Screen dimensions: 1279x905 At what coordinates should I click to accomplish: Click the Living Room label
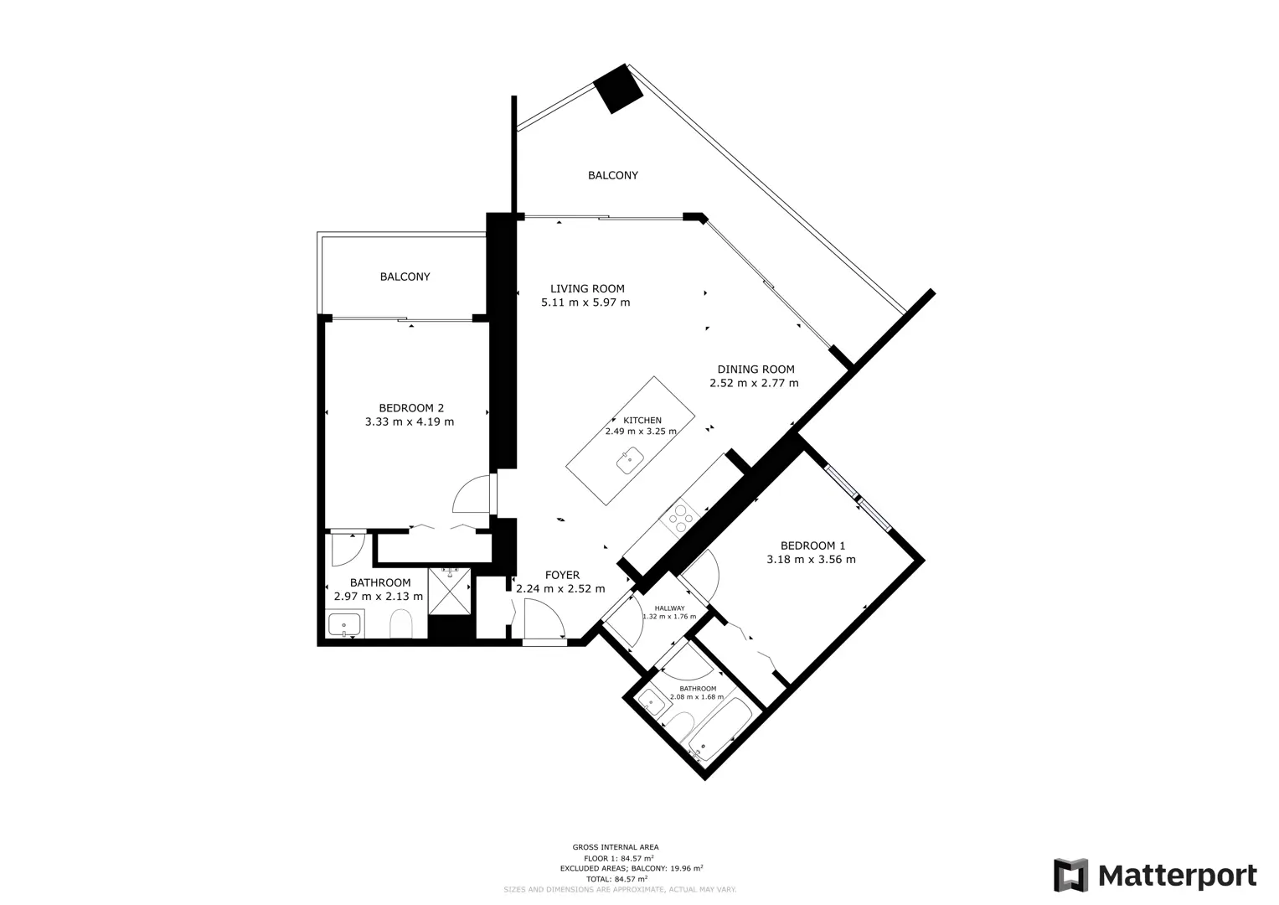point(587,288)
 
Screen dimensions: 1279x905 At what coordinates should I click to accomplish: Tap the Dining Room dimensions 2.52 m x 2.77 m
point(754,383)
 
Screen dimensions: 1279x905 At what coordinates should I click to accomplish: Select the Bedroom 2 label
point(411,408)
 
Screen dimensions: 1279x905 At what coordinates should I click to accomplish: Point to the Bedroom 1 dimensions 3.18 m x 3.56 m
point(811,560)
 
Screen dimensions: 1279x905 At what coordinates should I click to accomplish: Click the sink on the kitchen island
point(630,460)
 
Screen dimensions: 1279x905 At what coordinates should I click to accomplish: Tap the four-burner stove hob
point(679,517)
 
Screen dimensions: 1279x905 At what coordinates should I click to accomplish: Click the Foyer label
point(562,575)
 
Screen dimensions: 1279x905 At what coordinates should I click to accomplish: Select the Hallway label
point(669,608)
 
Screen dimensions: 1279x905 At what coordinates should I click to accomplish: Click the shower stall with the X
point(449,591)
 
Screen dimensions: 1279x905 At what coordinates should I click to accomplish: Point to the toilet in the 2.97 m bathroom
point(401,623)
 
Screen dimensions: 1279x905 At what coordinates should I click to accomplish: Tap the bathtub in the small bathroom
point(719,730)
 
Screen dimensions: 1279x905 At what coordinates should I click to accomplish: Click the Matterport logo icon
point(1070,875)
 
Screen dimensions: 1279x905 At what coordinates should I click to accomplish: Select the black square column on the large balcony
point(618,89)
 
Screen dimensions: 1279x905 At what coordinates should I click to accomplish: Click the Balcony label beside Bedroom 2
point(405,277)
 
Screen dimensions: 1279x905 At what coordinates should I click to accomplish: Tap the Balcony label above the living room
point(612,175)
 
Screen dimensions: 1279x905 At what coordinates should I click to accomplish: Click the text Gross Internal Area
point(616,847)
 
